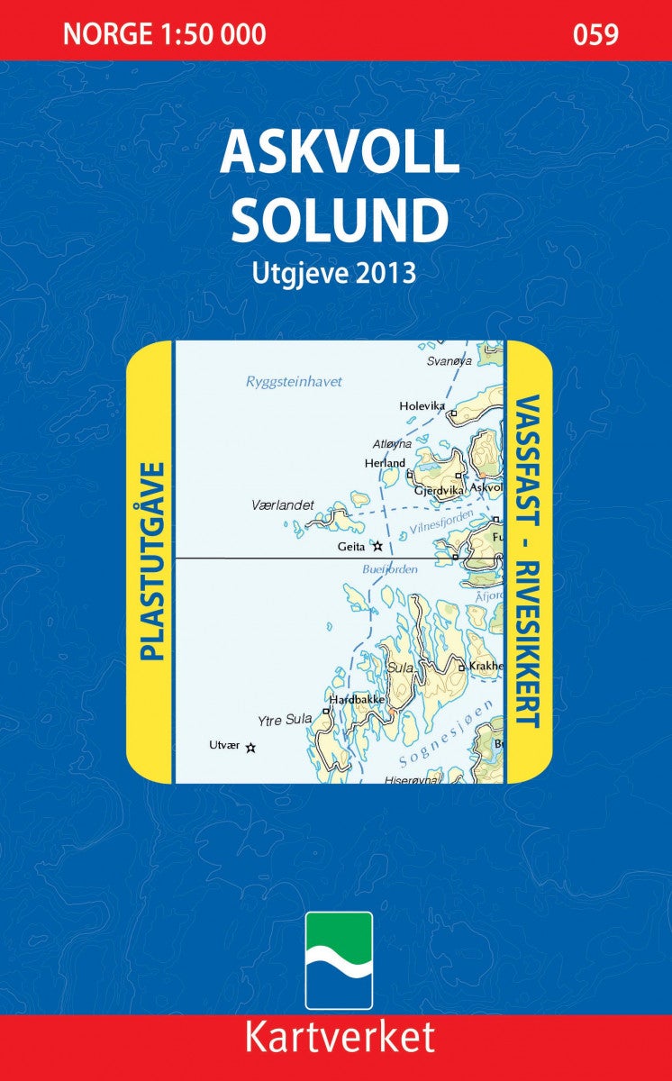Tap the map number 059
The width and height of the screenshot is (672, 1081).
595,35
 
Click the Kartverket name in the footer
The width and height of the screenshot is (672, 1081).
339,1038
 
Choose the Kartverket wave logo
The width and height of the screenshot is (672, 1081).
339,960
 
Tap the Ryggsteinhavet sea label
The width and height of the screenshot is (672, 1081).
294,382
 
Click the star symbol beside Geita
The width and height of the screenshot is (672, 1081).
378,546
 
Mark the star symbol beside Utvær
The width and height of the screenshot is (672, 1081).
251,747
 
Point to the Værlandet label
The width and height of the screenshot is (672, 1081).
283,505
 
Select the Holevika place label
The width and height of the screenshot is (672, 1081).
422,406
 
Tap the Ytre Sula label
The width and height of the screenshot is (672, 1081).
285,720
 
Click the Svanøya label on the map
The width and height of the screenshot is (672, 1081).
449,360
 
